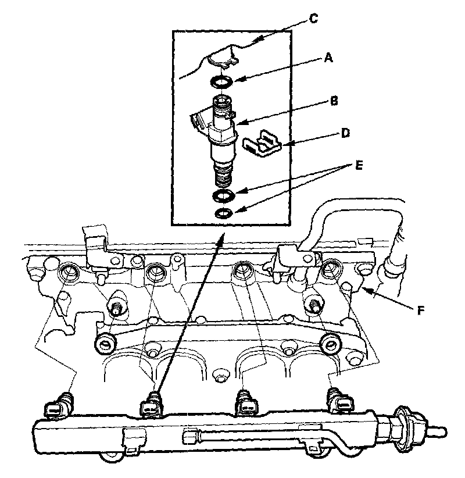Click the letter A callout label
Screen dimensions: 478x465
(328, 58)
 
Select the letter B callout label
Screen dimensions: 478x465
(334, 101)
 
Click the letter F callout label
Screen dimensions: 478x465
(420, 311)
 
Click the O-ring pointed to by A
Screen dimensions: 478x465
(221, 80)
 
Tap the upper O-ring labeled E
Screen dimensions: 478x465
(223, 194)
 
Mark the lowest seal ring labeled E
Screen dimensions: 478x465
(223, 213)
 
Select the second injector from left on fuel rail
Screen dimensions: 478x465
(152, 404)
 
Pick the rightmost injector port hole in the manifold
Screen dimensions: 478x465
(332, 268)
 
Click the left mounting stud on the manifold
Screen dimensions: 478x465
(116, 305)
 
